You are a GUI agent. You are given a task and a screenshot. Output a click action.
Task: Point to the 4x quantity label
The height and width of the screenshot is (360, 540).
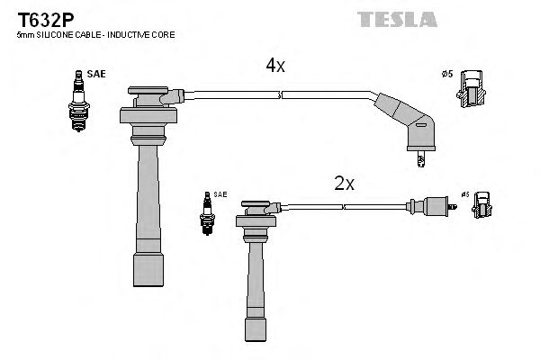click(x=274, y=66)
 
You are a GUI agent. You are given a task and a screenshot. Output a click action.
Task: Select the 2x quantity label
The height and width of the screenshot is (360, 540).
click(x=344, y=184)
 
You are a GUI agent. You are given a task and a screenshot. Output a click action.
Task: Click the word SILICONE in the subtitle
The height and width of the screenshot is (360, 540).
click(x=51, y=35)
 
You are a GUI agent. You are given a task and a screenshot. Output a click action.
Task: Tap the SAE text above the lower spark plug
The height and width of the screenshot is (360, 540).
click(x=220, y=195)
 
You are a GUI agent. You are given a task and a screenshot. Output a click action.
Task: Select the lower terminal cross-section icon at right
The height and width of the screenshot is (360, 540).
click(x=482, y=205)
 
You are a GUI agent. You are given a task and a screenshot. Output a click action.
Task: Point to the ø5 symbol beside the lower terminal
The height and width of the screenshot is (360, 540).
click(x=465, y=194)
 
